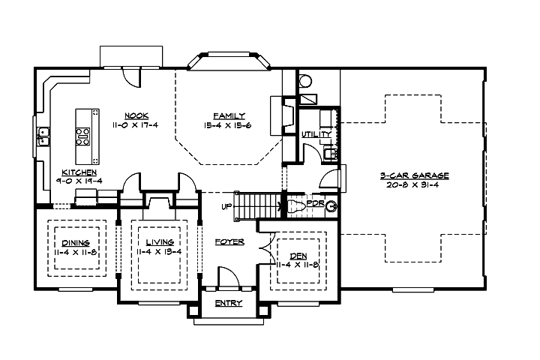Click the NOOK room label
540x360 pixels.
coord(136,115)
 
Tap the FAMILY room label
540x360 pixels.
coord(229,115)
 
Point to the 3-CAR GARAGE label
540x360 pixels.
coord(413,175)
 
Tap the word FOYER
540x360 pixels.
coord(228,242)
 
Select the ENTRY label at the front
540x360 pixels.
coord(228,304)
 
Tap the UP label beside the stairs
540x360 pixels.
coord(226,205)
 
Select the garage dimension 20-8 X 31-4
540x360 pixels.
coord(413,184)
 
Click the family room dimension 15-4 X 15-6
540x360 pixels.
coord(229,124)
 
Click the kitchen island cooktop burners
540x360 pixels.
coord(83,136)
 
